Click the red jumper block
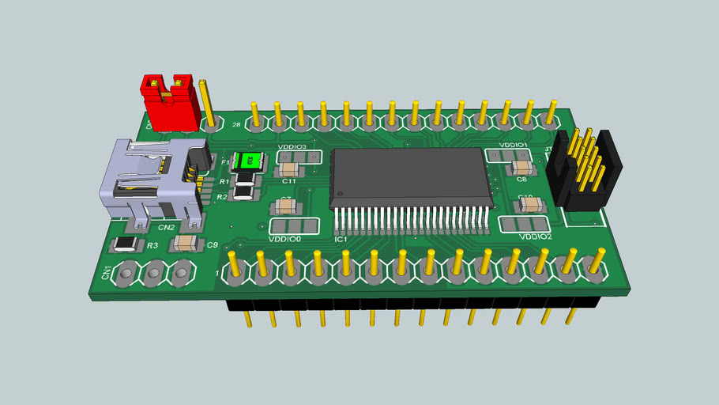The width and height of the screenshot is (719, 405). tap(169, 104)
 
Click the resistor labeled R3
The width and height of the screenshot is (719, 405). tap(126, 244)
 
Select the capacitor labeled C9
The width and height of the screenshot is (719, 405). tap(187, 242)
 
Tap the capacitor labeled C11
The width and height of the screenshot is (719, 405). tap(289, 169)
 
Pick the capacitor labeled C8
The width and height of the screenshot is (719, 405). tap(521, 168)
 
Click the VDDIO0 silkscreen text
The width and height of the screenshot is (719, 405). tap(285, 239)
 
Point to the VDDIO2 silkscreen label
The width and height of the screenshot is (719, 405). tap(535, 237)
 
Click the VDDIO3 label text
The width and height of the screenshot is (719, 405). tap(292, 147)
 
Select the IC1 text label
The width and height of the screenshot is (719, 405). tap(341, 239)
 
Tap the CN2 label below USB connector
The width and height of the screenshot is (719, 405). tap(166, 228)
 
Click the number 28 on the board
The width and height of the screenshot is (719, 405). tap(236, 125)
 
